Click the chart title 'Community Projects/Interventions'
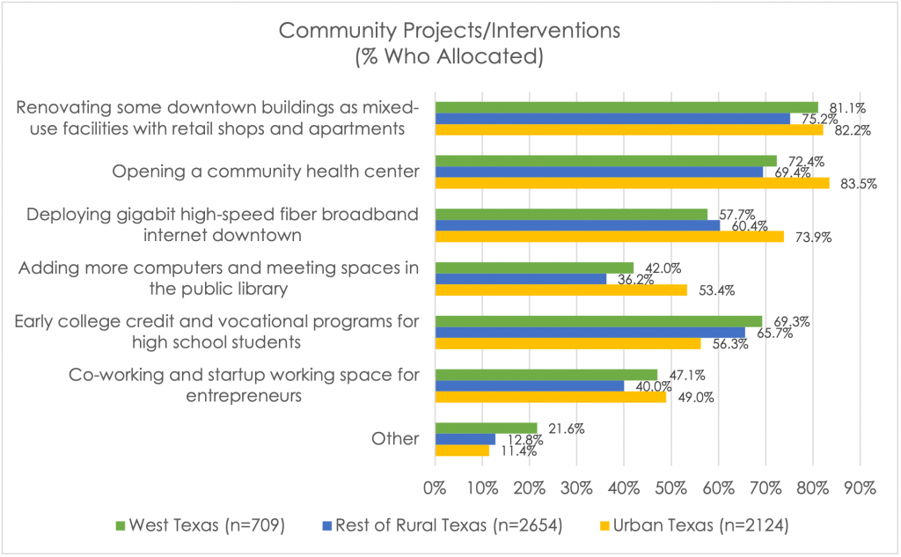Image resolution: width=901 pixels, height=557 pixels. (x=450, y=30)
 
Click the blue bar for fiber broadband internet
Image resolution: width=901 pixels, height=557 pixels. (x=577, y=226)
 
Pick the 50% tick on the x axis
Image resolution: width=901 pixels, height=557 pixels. (x=670, y=487)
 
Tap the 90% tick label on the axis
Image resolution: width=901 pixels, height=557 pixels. (x=860, y=487)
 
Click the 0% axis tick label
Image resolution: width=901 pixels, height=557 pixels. (x=435, y=487)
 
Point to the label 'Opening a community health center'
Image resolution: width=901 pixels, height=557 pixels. (x=266, y=171)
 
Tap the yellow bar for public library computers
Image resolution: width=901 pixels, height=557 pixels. (x=560, y=290)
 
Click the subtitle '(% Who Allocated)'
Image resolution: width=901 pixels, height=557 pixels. (x=450, y=58)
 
